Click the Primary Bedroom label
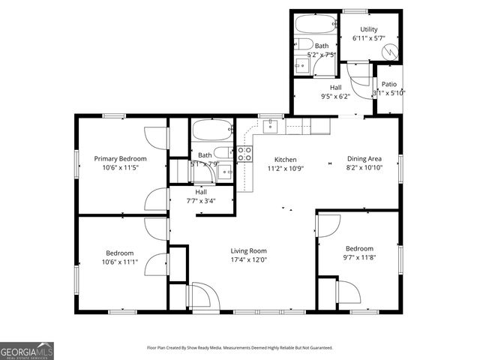[120, 159]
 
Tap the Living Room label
[248, 250]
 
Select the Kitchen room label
[286, 160]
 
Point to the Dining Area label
[364, 159]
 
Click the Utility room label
[368, 29]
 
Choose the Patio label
[388, 84]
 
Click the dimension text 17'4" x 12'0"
[248, 260]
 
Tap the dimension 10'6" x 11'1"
[120, 262]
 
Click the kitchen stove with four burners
[244, 154]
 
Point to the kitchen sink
[271, 126]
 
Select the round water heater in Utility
[389, 52]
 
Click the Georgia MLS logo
[26, 351]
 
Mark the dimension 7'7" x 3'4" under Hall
[201, 201]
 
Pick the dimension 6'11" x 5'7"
[368, 38]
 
